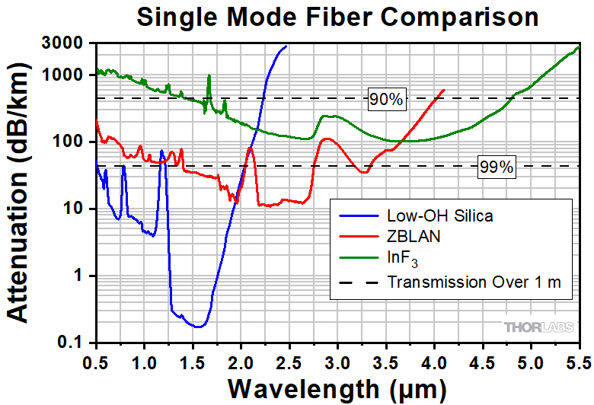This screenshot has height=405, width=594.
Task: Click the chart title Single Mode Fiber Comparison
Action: [x=337, y=17]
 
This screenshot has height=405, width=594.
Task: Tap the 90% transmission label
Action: [x=387, y=99]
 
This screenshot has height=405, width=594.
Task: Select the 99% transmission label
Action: [x=497, y=167]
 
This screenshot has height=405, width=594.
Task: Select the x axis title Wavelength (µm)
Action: [x=337, y=388]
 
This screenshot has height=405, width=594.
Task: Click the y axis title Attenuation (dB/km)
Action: [x=21, y=194]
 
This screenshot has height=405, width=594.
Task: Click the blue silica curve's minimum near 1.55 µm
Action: [x=198, y=327]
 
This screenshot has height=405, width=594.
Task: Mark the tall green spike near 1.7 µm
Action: [x=209, y=77]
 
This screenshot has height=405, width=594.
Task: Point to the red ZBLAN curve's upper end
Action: [x=444, y=90]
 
